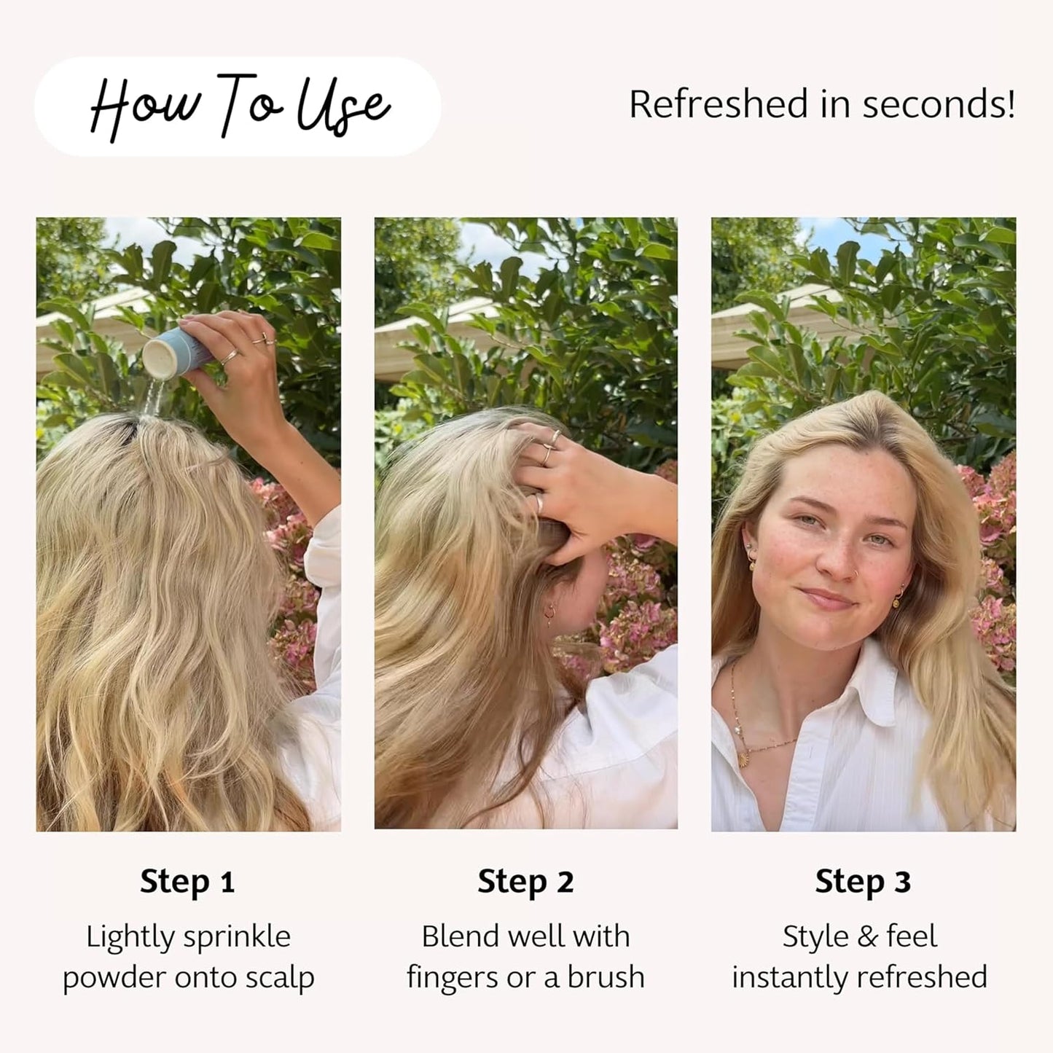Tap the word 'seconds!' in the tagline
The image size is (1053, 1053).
(x=939, y=103)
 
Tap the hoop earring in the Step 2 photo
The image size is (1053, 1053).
(x=550, y=613)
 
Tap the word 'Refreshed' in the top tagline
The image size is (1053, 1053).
(x=719, y=103)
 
